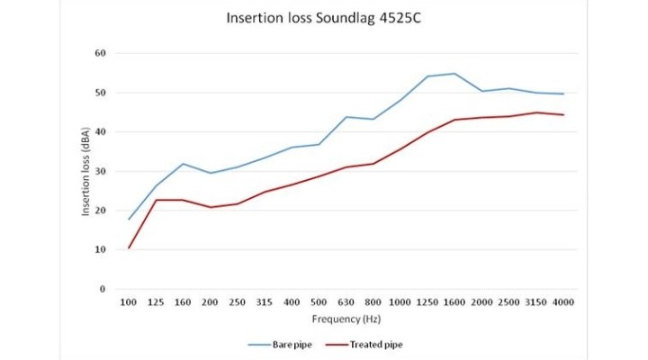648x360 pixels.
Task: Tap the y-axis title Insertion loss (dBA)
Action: point(86,171)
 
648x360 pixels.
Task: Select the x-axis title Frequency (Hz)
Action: point(346,319)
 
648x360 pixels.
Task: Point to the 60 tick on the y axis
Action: point(101,53)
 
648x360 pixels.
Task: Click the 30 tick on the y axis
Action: point(101,171)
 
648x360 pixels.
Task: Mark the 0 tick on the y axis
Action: point(103,289)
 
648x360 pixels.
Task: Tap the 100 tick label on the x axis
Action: point(130,302)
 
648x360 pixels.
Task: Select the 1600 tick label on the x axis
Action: point(454,302)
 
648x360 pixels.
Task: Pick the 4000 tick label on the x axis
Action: point(563,302)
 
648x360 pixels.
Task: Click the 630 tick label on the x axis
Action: point(346,302)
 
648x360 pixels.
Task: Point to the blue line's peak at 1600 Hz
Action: point(454,74)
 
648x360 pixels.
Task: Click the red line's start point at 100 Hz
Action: point(130,247)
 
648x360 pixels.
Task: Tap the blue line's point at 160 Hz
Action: point(184,164)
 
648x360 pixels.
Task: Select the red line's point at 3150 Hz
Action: point(536,112)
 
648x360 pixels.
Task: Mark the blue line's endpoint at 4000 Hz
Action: point(563,94)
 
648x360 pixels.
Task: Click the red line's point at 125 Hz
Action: point(157,200)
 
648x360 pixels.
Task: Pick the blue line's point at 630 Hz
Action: point(346,117)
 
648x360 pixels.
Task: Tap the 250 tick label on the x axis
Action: point(238,302)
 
